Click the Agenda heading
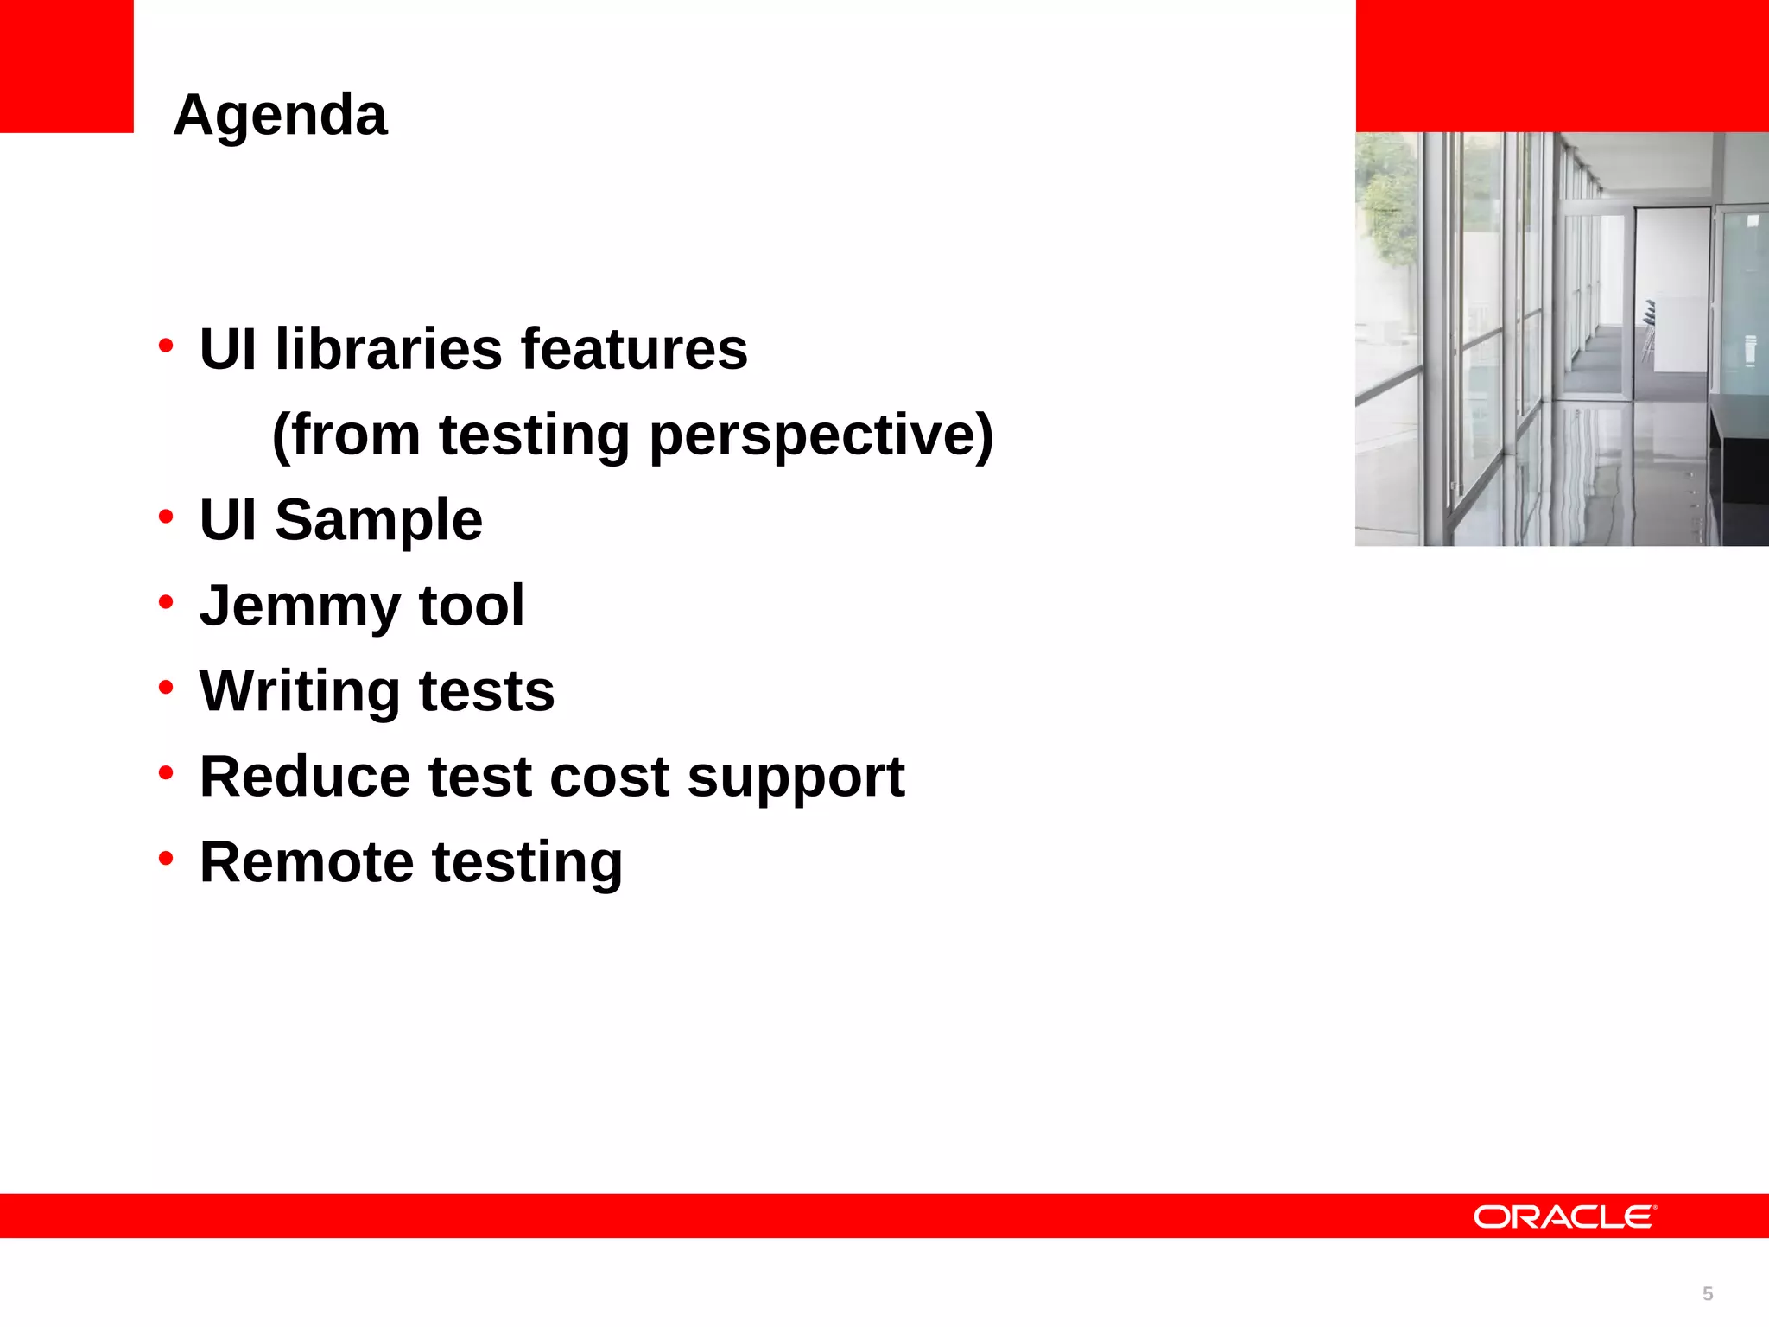280,115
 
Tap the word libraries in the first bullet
388,349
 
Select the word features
634,349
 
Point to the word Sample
378,520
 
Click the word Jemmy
299,606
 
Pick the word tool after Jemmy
472,605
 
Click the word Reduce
305,776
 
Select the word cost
609,776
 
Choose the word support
796,778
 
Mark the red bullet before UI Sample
166,517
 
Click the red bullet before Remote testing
166,859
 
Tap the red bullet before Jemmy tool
166,602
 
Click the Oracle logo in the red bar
1564,1216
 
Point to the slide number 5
1707,1293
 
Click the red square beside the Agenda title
67,66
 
